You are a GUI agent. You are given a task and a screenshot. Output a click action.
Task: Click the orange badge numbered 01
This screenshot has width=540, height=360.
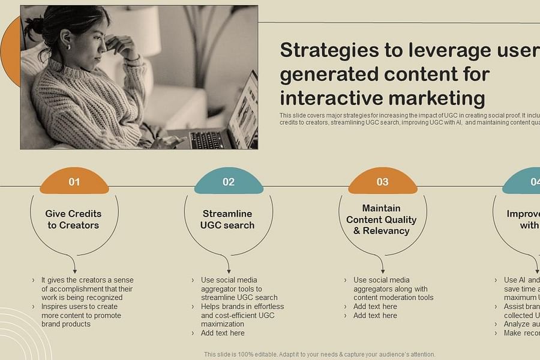click(74, 182)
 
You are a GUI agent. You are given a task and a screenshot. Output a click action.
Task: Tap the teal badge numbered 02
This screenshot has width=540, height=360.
click(229, 182)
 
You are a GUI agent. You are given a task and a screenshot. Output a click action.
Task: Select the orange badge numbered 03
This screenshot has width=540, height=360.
click(382, 182)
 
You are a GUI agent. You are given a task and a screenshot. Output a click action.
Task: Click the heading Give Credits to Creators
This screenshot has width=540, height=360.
click(73, 220)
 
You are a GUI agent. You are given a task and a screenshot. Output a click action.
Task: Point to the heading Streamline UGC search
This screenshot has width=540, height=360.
click(227, 220)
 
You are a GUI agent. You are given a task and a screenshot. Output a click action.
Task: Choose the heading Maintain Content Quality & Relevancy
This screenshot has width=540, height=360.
click(381, 220)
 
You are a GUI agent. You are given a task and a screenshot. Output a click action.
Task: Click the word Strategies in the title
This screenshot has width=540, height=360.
click(332, 51)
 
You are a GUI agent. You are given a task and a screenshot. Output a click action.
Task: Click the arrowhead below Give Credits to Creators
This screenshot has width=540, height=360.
click(74, 270)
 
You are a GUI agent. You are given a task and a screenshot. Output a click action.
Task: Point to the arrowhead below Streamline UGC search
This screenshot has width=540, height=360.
click(229, 270)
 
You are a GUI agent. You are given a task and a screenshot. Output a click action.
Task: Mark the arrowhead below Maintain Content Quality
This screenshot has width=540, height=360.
click(383, 270)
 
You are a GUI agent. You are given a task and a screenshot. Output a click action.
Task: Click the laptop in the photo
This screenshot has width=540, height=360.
click(228, 123)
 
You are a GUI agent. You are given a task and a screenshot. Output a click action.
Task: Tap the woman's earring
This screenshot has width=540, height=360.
click(68, 47)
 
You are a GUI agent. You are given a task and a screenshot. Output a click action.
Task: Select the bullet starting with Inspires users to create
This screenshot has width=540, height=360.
click(81, 315)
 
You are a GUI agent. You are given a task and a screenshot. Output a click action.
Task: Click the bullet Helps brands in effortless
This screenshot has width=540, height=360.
click(242, 315)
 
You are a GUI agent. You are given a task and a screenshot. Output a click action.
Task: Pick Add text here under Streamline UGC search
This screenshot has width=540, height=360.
click(223, 333)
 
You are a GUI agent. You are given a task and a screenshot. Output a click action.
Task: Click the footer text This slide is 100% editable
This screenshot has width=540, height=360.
click(319, 355)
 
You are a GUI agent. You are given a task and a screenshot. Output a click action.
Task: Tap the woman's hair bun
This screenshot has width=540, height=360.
click(32, 25)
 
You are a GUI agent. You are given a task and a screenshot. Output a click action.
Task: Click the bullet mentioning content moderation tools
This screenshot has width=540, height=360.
click(393, 289)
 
